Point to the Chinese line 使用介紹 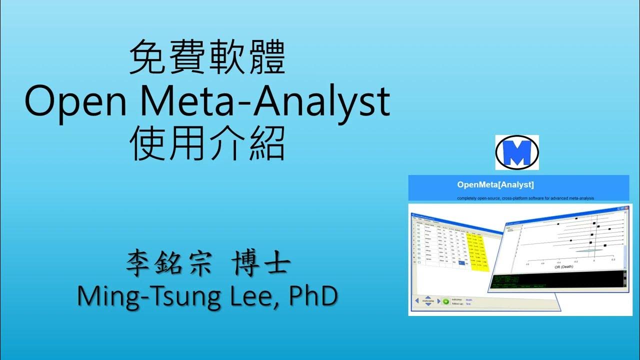207,145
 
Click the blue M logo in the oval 517,152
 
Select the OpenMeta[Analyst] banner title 495,185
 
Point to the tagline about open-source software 525,198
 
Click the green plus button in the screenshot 445,301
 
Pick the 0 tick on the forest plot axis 594,261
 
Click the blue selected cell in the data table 460,263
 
